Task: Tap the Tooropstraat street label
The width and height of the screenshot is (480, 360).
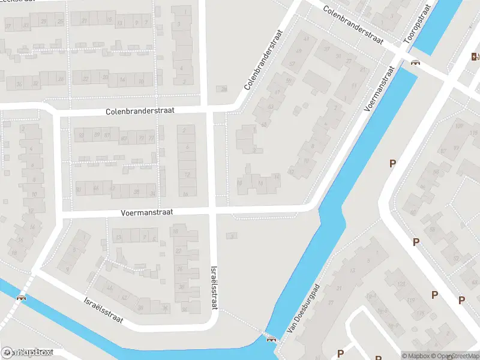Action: [x=418, y=27]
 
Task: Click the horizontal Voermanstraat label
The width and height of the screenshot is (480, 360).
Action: [x=147, y=212]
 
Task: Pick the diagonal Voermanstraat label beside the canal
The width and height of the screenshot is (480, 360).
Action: [x=378, y=90]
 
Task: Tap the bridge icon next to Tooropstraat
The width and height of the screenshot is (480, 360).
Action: [x=415, y=63]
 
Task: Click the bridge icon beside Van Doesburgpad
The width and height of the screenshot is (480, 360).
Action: [x=271, y=338]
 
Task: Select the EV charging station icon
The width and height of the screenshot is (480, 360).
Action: [x=475, y=57]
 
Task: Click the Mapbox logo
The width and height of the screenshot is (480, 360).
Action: [x=27, y=352]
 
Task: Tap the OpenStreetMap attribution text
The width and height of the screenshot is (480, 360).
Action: [x=456, y=356]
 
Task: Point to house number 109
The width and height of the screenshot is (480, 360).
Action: [x=460, y=125]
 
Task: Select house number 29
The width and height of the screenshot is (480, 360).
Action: [x=43, y=22]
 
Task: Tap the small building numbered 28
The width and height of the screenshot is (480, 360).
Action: [x=223, y=89]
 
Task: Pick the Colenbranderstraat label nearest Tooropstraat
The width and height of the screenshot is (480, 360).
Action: [x=353, y=25]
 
